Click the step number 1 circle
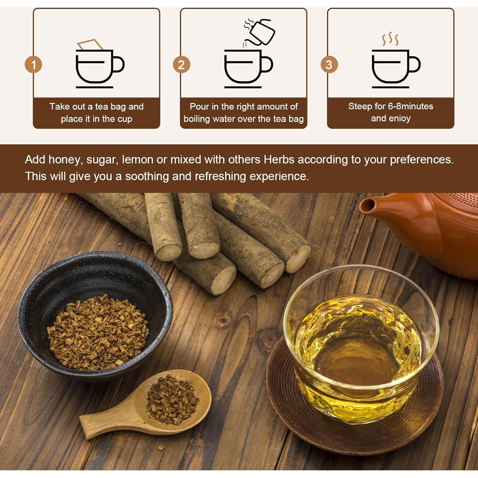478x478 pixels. point(33,65)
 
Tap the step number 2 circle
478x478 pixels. point(181,65)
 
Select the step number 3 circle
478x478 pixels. point(329,65)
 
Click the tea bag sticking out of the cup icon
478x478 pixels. point(90,45)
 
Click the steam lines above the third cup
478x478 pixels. point(390,39)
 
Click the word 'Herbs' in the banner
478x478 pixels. point(279,160)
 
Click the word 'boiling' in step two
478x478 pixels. point(197,119)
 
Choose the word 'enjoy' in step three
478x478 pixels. point(400,119)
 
